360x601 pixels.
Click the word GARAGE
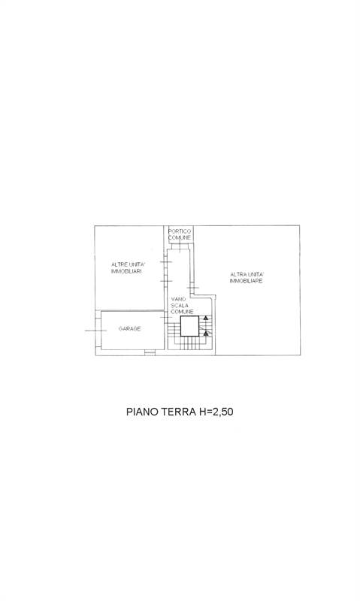tap(129, 328)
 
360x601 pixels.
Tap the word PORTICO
tap(180, 231)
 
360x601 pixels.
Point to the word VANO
tap(179, 298)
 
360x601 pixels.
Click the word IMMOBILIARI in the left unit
tap(126, 271)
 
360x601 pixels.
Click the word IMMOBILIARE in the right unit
tap(246, 281)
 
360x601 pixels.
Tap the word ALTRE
tap(119, 264)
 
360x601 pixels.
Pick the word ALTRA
tap(237, 274)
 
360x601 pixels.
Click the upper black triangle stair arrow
tap(206, 318)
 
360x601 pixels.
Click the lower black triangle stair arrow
tap(206, 334)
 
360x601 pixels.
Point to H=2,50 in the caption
tap(216, 412)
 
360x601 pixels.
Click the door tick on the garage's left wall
tap(96, 331)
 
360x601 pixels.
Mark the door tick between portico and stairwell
tap(180, 246)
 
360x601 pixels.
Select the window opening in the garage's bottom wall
tap(150, 352)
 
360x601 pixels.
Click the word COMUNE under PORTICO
tap(180, 238)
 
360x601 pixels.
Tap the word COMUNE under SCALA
tap(182, 312)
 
